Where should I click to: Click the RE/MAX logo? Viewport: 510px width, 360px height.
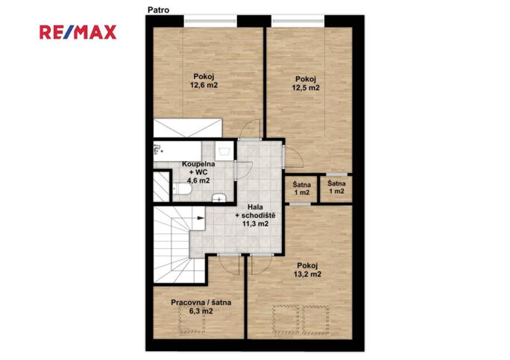coord(78,32)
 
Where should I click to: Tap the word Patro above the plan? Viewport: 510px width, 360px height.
coord(158,10)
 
